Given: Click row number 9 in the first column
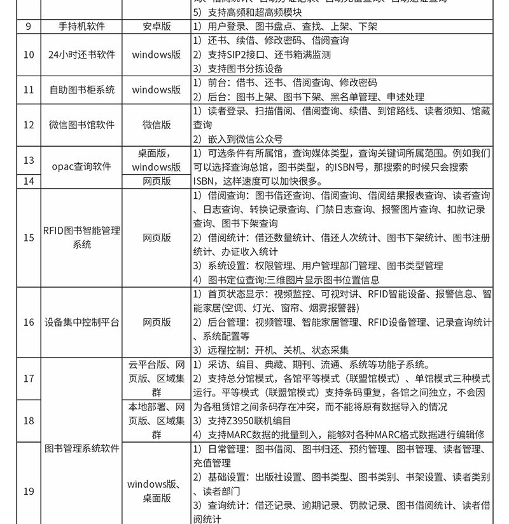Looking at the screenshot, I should click(x=29, y=27).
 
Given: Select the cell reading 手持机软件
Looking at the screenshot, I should click(x=82, y=27).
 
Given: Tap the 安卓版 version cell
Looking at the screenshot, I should click(x=157, y=27).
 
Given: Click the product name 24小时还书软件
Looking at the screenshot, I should click(x=82, y=55).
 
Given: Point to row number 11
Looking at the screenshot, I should click(x=29, y=90).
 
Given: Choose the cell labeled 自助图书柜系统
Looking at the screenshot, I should click(x=82, y=90).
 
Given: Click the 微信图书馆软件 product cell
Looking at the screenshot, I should click(x=82, y=125).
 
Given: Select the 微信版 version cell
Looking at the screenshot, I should click(x=157, y=125).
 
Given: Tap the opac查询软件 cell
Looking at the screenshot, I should click(x=82, y=167).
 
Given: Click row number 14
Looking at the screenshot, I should click(x=29, y=181).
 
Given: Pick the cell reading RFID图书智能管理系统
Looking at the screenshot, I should click(x=82, y=238).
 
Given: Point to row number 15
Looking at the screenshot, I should click(x=29, y=238).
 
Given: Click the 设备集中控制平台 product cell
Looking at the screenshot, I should click(x=82, y=322).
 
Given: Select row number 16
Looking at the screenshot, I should click(x=29, y=322).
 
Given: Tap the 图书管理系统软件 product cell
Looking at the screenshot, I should click(x=82, y=448).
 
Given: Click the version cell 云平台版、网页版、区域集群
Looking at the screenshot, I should click(x=157, y=379).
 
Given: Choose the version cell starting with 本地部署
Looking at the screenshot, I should click(x=157, y=420).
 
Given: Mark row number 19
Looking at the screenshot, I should click(x=29, y=491).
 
